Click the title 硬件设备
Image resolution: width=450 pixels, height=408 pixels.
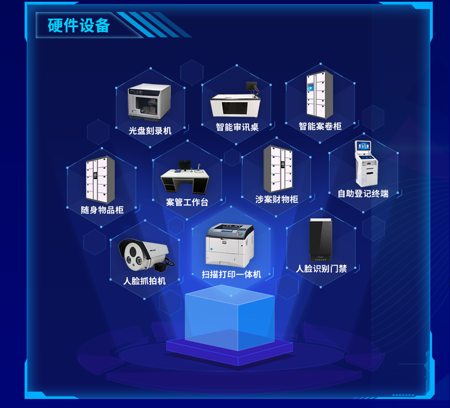point(79,25)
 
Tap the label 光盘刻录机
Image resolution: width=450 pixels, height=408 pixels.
point(150,131)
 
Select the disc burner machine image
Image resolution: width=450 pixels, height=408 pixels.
point(149,102)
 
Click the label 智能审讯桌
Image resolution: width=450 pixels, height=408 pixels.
point(237,127)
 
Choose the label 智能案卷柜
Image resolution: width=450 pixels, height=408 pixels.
point(320,126)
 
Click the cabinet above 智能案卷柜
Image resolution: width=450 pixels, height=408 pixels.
point(320,95)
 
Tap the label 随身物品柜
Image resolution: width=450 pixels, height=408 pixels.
point(102,210)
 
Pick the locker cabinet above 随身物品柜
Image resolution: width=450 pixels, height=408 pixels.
point(100,179)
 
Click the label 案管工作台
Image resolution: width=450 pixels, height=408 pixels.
point(187,202)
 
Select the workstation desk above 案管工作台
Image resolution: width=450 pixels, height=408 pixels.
point(185,178)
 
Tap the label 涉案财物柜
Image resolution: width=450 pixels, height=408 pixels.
point(277,199)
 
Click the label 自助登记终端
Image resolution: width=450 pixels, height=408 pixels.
point(363,194)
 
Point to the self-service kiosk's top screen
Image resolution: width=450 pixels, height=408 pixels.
point(363,146)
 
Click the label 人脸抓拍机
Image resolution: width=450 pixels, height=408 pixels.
point(144,281)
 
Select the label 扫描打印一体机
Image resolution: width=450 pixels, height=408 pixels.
point(231,275)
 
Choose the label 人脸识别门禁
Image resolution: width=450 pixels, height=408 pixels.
point(321,269)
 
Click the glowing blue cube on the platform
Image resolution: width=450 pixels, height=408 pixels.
point(230,317)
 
